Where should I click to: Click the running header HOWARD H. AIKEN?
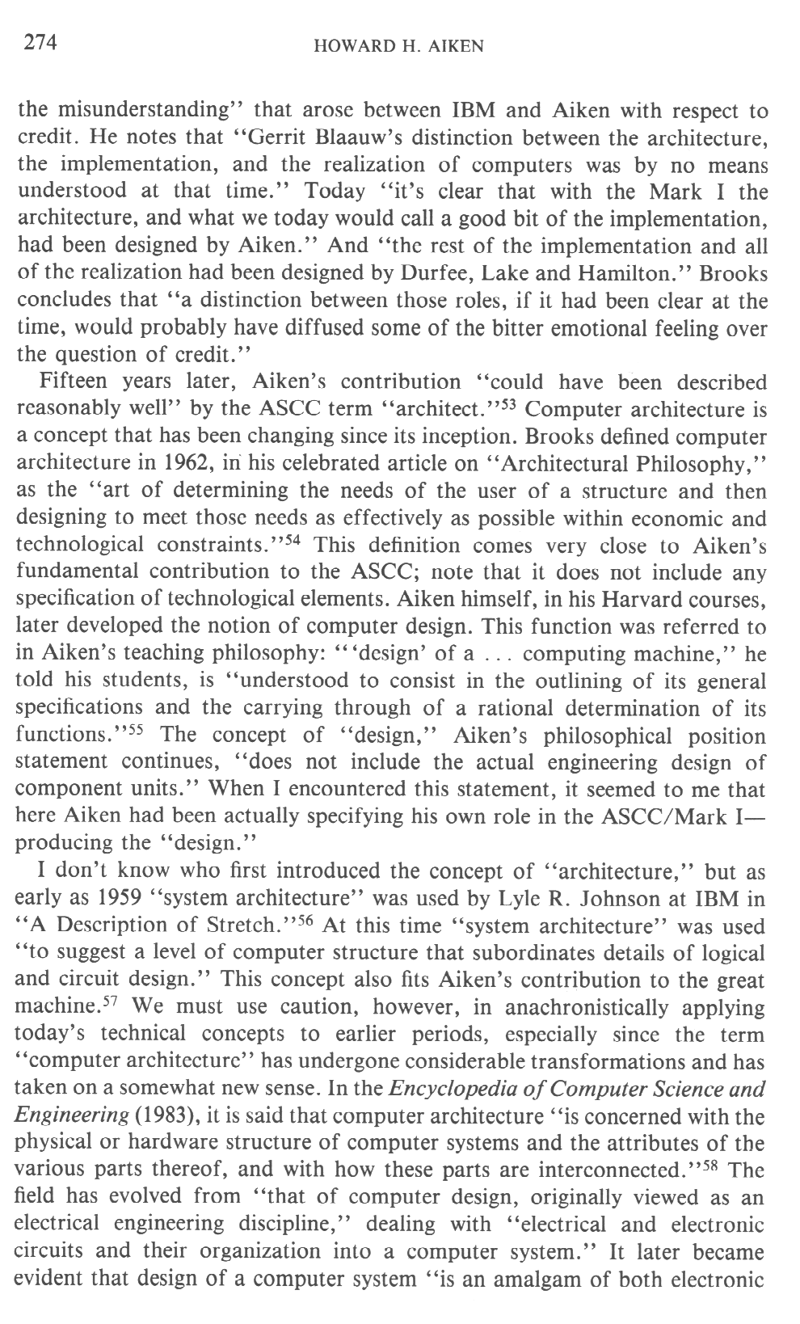click(x=398, y=46)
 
